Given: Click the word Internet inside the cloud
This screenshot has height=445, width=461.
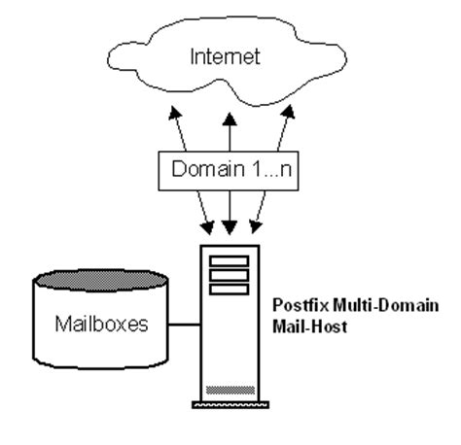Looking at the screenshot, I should pos(227,57).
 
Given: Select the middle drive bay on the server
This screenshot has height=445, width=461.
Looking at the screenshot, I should pos(229,275).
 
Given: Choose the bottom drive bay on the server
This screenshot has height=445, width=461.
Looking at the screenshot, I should pos(229,289).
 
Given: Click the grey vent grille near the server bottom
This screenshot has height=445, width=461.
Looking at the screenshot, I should pos(229,387).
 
